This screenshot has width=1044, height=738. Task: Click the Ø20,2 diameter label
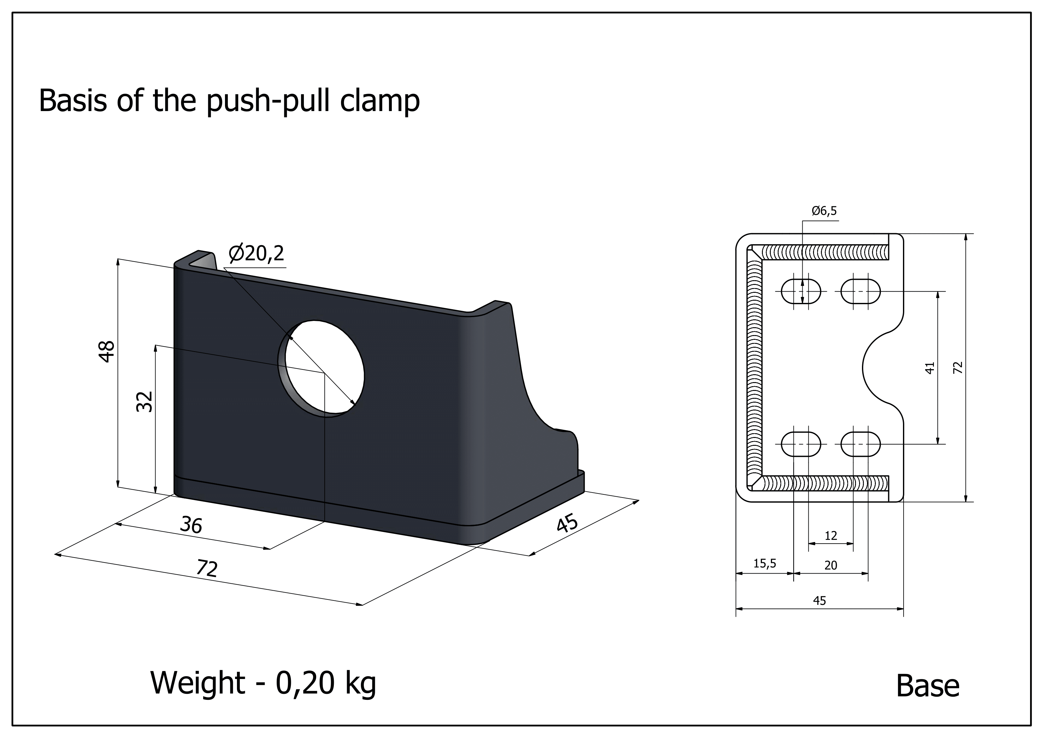click(x=257, y=253)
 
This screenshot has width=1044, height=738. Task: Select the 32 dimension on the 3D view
click(x=145, y=402)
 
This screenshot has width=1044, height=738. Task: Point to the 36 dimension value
click(x=191, y=525)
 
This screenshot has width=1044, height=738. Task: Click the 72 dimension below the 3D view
click(x=207, y=568)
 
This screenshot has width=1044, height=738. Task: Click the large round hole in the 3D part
click(x=321, y=368)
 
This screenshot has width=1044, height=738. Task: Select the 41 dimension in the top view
click(x=929, y=367)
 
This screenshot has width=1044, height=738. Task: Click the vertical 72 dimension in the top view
click(x=958, y=367)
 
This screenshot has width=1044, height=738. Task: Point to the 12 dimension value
click(x=830, y=536)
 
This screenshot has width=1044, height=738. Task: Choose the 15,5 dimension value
click(x=764, y=564)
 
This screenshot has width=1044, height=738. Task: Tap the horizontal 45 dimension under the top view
click(x=819, y=601)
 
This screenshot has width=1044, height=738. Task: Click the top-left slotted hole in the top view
click(x=801, y=291)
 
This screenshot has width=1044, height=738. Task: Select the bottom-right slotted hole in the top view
click(x=860, y=444)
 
